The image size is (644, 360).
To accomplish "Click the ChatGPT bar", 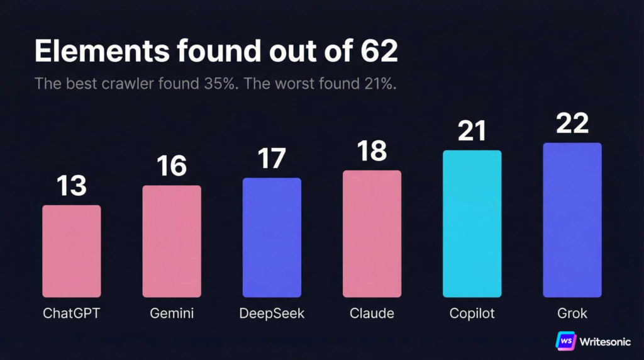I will click(x=71, y=251).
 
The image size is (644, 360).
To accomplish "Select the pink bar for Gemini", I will click(x=172, y=241).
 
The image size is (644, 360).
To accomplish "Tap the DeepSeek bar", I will click(x=272, y=237).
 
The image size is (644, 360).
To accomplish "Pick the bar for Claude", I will click(x=372, y=233).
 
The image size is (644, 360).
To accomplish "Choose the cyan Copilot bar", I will click(x=472, y=223).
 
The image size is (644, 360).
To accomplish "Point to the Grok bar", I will click(x=572, y=220).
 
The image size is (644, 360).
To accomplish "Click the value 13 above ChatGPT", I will click(x=71, y=186).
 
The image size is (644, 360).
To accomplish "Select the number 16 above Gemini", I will click(x=172, y=166).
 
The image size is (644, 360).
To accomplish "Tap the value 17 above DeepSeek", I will click(x=272, y=159).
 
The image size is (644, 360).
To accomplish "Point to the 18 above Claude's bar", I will click(x=372, y=152).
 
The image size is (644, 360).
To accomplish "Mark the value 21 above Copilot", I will click(x=472, y=131).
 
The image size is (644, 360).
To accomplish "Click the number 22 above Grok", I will click(x=572, y=123).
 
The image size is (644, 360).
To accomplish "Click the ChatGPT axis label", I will click(x=71, y=313).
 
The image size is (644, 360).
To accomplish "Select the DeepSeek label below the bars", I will click(x=272, y=313).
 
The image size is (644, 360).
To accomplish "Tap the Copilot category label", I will click(x=472, y=313).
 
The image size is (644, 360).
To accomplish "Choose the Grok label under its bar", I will click(x=572, y=313).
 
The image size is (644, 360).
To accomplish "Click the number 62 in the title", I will click(x=379, y=52).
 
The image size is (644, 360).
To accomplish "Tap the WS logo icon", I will click(x=566, y=340).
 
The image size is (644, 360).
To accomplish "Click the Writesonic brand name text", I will click(x=606, y=340).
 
